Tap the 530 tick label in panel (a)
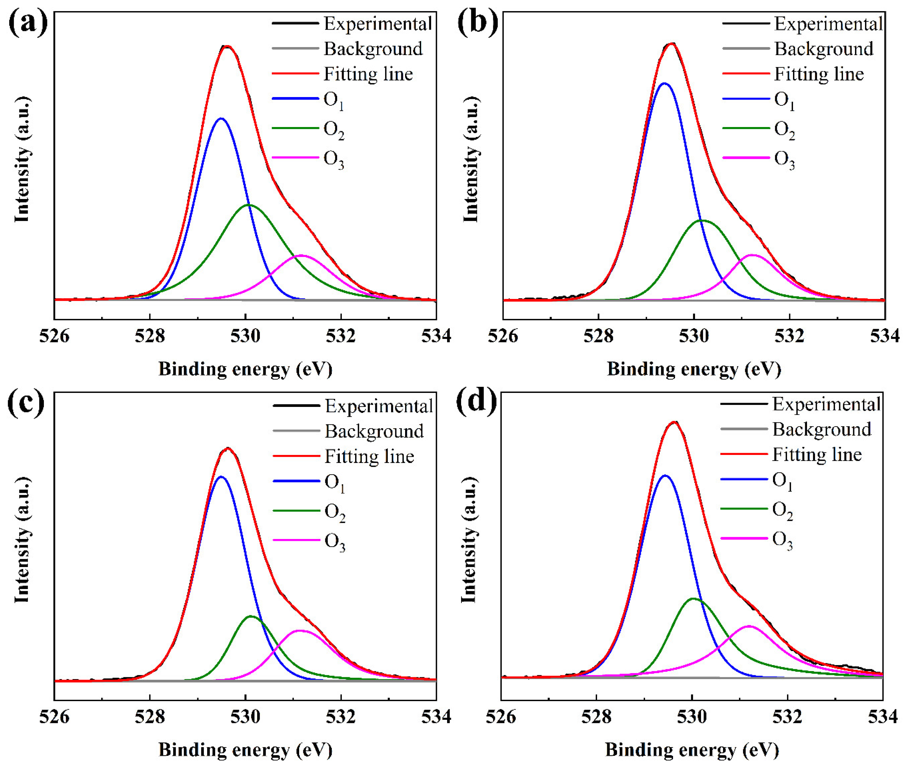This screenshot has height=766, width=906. [245, 336]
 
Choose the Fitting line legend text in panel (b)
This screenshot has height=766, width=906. [819, 74]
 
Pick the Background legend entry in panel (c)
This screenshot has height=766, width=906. [374, 431]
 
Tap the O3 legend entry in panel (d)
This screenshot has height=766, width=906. [782, 541]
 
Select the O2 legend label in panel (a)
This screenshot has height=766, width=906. [334, 130]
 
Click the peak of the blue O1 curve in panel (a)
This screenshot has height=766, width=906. [221, 118]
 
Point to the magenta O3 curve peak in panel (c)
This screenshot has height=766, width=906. [299, 630]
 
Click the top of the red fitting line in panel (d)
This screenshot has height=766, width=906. [674, 421]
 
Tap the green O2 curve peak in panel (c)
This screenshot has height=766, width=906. [250, 616]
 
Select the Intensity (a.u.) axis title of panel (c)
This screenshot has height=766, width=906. [22, 541]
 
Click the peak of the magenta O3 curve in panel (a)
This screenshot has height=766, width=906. [300, 255]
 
